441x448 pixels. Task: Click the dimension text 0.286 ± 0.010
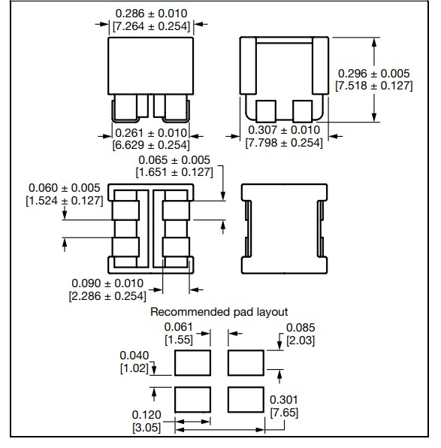coord(151,14)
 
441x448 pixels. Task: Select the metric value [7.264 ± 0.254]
coord(151,26)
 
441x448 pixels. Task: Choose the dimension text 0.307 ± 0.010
coord(284,130)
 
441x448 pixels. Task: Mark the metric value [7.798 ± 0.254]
coord(284,143)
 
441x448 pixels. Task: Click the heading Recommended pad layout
coord(219,311)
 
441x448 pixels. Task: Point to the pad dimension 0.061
coord(179,327)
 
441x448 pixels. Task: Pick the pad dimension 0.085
coord(301,327)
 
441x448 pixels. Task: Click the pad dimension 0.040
coord(134,356)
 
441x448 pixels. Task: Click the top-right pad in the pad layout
coord(246,364)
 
